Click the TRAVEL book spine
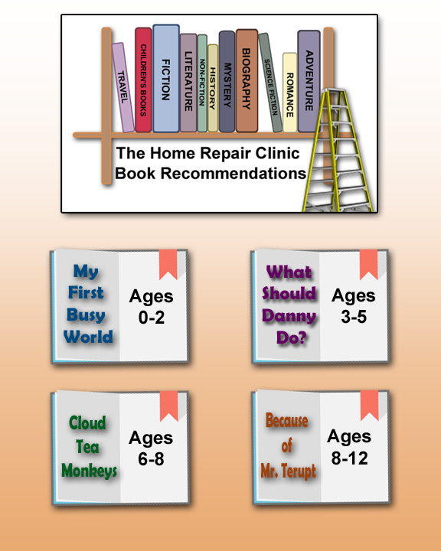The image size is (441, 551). [123, 87]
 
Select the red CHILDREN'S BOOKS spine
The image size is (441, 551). [143, 80]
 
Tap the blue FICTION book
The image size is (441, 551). [166, 79]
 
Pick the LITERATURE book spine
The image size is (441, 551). [188, 83]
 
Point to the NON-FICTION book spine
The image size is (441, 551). [202, 83]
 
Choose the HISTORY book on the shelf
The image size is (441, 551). [213, 88]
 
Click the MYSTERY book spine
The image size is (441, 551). [227, 82]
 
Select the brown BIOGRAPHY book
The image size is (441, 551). [247, 81]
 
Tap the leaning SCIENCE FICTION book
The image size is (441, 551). [271, 83]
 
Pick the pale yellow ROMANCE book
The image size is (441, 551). [289, 93]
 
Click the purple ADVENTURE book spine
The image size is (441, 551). [309, 81]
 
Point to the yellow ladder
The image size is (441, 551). [337, 151]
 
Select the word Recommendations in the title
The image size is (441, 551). [234, 173]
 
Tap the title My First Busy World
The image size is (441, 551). [88, 303]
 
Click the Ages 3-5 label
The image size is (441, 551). [354, 305]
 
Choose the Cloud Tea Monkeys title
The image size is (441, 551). [89, 447]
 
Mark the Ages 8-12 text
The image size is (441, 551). [349, 447]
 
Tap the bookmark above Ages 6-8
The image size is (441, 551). [168, 406]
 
